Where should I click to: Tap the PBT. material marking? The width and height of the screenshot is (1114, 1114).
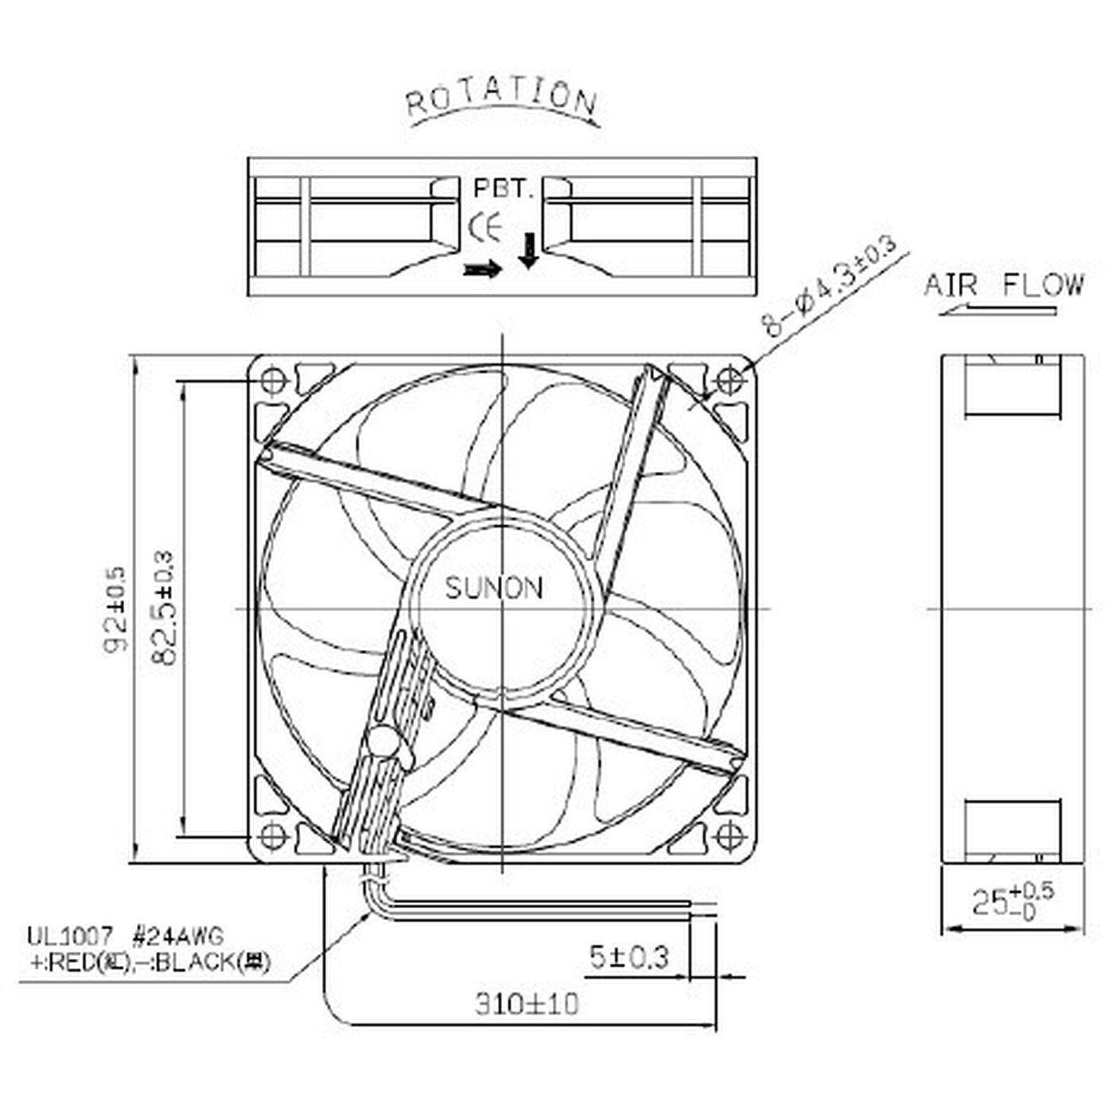502,189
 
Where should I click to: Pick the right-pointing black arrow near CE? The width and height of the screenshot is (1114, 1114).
483,271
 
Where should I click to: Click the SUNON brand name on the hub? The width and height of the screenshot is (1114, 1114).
494,589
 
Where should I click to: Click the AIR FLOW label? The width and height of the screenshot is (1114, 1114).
1004,285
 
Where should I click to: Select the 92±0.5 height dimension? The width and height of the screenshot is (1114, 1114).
115,609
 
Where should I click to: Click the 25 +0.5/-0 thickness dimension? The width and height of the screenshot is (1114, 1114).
1012,902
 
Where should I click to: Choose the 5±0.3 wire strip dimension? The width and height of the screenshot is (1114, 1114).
629,956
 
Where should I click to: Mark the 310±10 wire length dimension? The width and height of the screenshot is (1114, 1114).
527,1004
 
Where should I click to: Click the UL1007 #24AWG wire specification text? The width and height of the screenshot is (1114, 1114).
126,935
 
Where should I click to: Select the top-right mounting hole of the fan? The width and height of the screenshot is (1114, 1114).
729,382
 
